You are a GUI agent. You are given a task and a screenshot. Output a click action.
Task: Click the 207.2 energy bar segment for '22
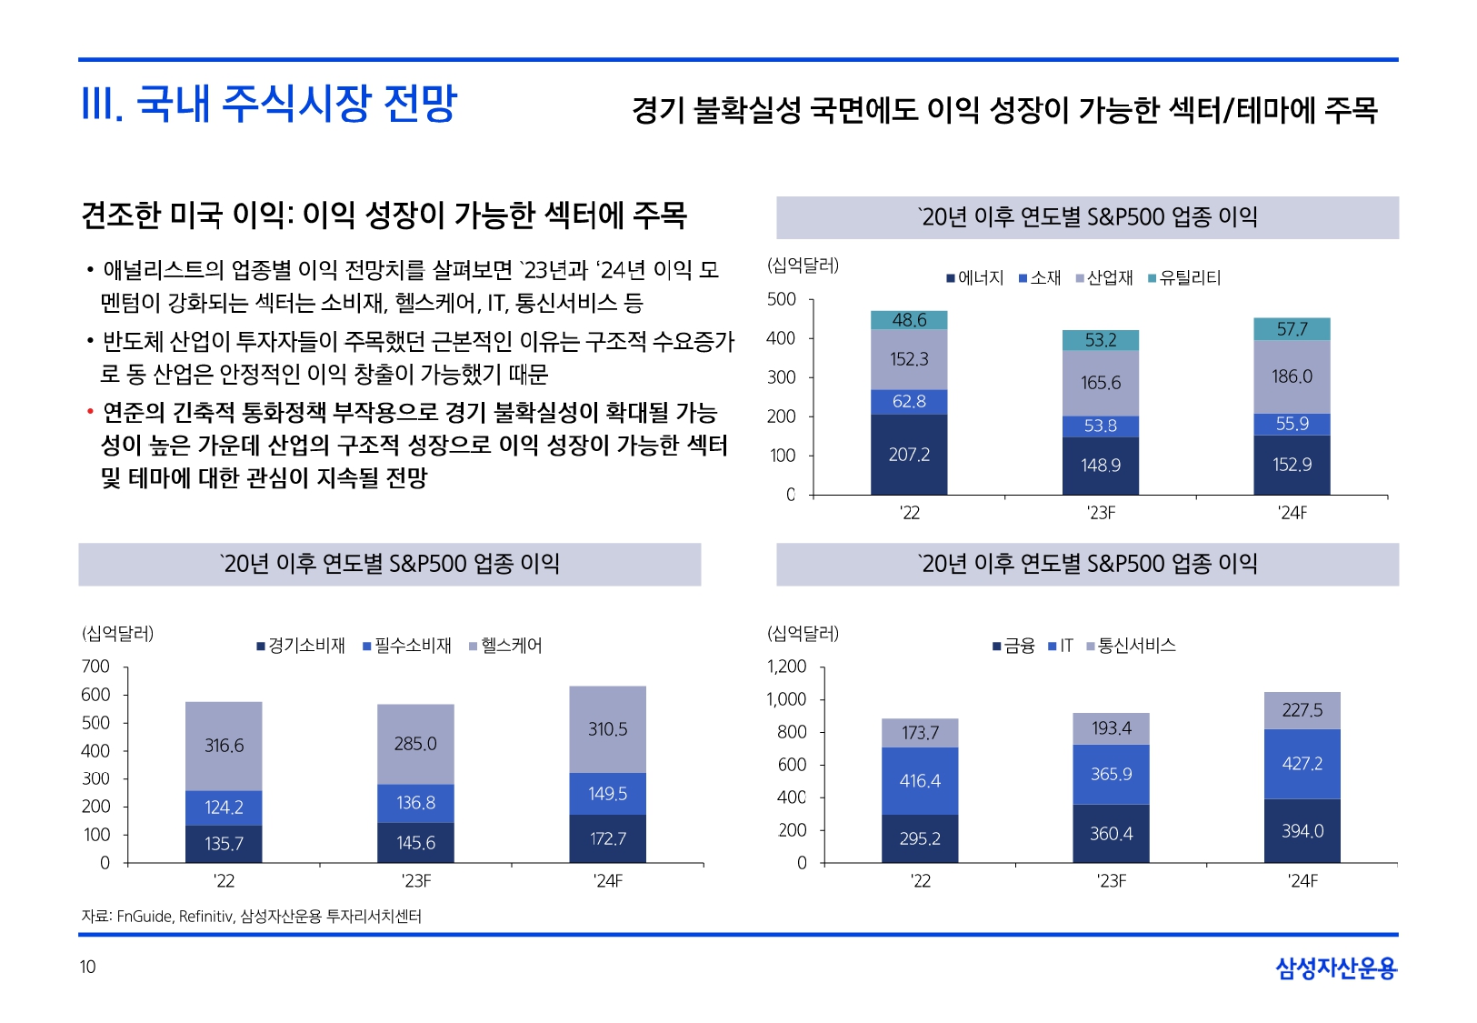[x=909, y=455]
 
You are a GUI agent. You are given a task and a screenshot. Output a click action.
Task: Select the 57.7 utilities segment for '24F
[x=1292, y=329]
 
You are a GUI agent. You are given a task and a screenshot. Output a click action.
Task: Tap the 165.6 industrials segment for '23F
[x=1100, y=383]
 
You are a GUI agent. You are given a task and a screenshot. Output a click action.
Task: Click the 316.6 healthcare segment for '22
[x=224, y=746]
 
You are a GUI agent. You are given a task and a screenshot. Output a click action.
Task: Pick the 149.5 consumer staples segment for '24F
[x=607, y=794]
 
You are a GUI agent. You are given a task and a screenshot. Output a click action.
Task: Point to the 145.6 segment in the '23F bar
[x=415, y=843]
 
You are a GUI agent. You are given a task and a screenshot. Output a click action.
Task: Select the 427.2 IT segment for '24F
[x=1302, y=764]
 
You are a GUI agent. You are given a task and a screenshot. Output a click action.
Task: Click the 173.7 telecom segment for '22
[x=920, y=733]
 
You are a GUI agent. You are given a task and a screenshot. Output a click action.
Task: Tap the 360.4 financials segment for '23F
[x=1111, y=834]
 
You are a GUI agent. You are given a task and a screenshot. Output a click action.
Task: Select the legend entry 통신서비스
[x=1136, y=646]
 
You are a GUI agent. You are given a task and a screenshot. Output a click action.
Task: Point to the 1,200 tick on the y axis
[x=787, y=667]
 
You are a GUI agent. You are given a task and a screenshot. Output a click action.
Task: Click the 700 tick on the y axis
[x=95, y=667]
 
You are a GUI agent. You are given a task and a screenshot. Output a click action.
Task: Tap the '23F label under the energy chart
[x=1101, y=513]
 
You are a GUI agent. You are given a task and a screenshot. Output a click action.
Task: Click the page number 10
[x=87, y=967]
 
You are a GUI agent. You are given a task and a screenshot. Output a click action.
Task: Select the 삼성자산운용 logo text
[x=1336, y=968]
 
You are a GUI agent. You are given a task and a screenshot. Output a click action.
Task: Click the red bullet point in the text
[x=90, y=413]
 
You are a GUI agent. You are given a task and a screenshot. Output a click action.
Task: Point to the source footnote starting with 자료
[x=252, y=916]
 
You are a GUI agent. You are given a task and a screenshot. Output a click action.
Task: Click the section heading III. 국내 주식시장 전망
[x=269, y=104]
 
